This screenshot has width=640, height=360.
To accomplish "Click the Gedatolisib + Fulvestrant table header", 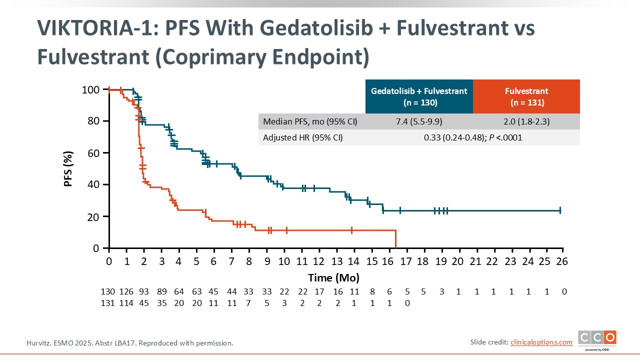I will [x=419, y=96].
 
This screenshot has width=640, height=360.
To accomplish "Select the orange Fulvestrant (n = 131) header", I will [x=526, y=96].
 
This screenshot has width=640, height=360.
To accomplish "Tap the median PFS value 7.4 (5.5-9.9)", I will [x=419, y=121].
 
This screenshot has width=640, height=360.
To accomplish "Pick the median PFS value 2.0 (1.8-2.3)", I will [x=526, y=121].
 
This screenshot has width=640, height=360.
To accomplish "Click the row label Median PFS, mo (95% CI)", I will [x=310, y=121].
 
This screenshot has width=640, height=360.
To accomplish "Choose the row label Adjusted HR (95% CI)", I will [x=303, y=137].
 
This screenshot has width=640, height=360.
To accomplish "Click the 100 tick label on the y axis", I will [x=91, y=89].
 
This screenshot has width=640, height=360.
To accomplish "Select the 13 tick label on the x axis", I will [x=336, y=261].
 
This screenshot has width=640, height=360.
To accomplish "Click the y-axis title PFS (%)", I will [x=68, y=168].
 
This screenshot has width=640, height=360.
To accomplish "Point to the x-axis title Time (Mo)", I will [x=333, y=277].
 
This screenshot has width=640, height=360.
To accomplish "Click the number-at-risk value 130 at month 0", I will [x=108, y=291].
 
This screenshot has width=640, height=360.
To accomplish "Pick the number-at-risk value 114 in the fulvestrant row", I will [x=125, y=303].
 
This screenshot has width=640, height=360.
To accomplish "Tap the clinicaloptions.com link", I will [x=541, y=342].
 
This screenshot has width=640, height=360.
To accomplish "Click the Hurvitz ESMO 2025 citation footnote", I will [x=129, y=343].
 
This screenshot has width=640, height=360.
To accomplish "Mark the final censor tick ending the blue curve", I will [x=560, y=210].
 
